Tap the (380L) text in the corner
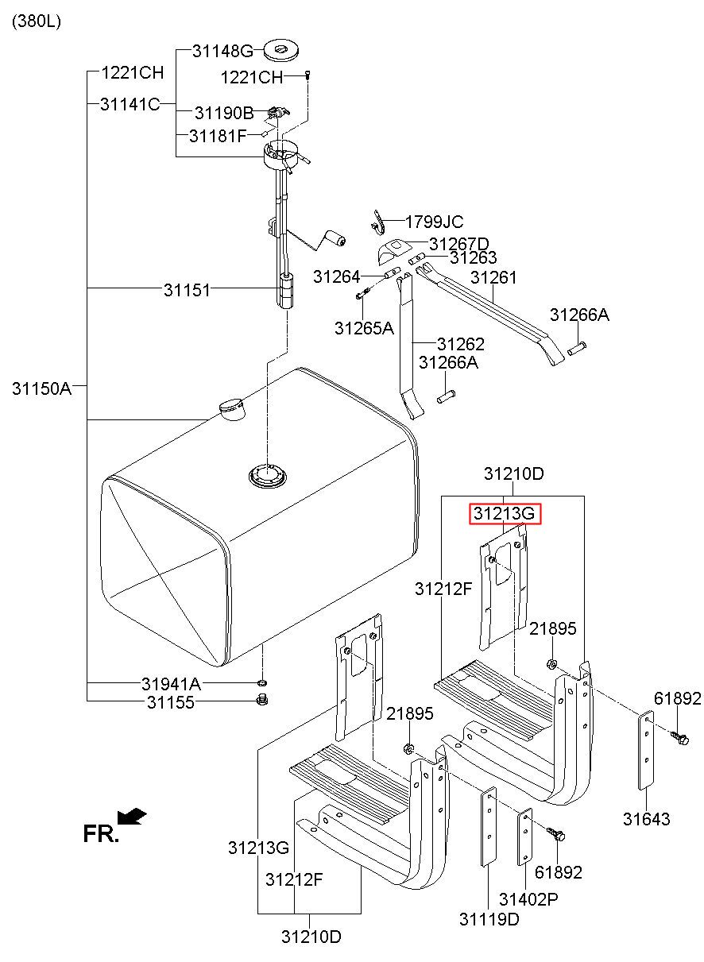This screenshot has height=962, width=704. point(36,21)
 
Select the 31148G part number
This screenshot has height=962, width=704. point(222,52)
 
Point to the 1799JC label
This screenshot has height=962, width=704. point(434,222)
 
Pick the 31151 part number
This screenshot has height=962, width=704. point(188,290)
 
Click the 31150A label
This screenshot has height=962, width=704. point(42,388)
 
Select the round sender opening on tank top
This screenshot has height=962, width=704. point(267,476)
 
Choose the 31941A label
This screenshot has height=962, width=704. point(172,684)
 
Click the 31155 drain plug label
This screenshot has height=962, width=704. point(170,702)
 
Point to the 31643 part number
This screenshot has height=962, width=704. point(647,819)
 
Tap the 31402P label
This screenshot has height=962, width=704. point(528,899)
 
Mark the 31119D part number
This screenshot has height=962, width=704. point(489,919)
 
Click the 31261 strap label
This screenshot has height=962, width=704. point(493,277)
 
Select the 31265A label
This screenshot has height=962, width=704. point(364,327)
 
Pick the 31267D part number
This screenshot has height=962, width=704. point(459,244)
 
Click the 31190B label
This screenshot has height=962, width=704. point(224,114)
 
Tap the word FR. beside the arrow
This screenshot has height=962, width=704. point(101,833)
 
